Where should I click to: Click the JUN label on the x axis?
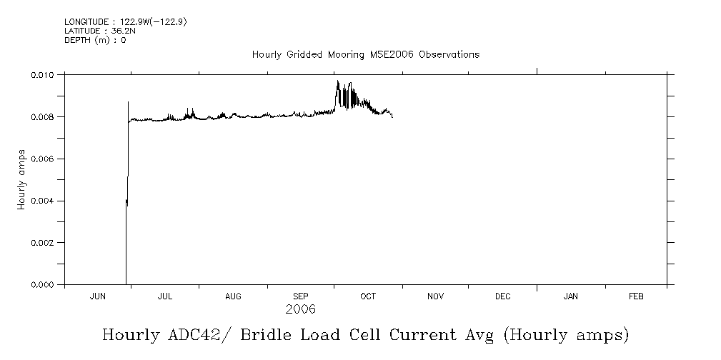click(x=98, y=296)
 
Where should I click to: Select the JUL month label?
click(x=165, y=296)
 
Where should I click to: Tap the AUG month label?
click(x=233, y=296)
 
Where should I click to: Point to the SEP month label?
click(x=301, y=296)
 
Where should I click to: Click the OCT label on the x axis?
click(x=368, y=296)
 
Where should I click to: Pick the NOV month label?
click(x=435, y=296)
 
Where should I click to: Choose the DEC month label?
click(x=502, y=296)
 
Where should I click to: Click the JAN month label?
click(x=571, y=296)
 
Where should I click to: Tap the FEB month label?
click(x=636, y=296)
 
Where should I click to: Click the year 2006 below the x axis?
click(x=300, y=310)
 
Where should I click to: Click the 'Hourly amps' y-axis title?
click(x=22, y=179)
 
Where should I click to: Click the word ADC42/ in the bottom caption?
click(x=190, y=334)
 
